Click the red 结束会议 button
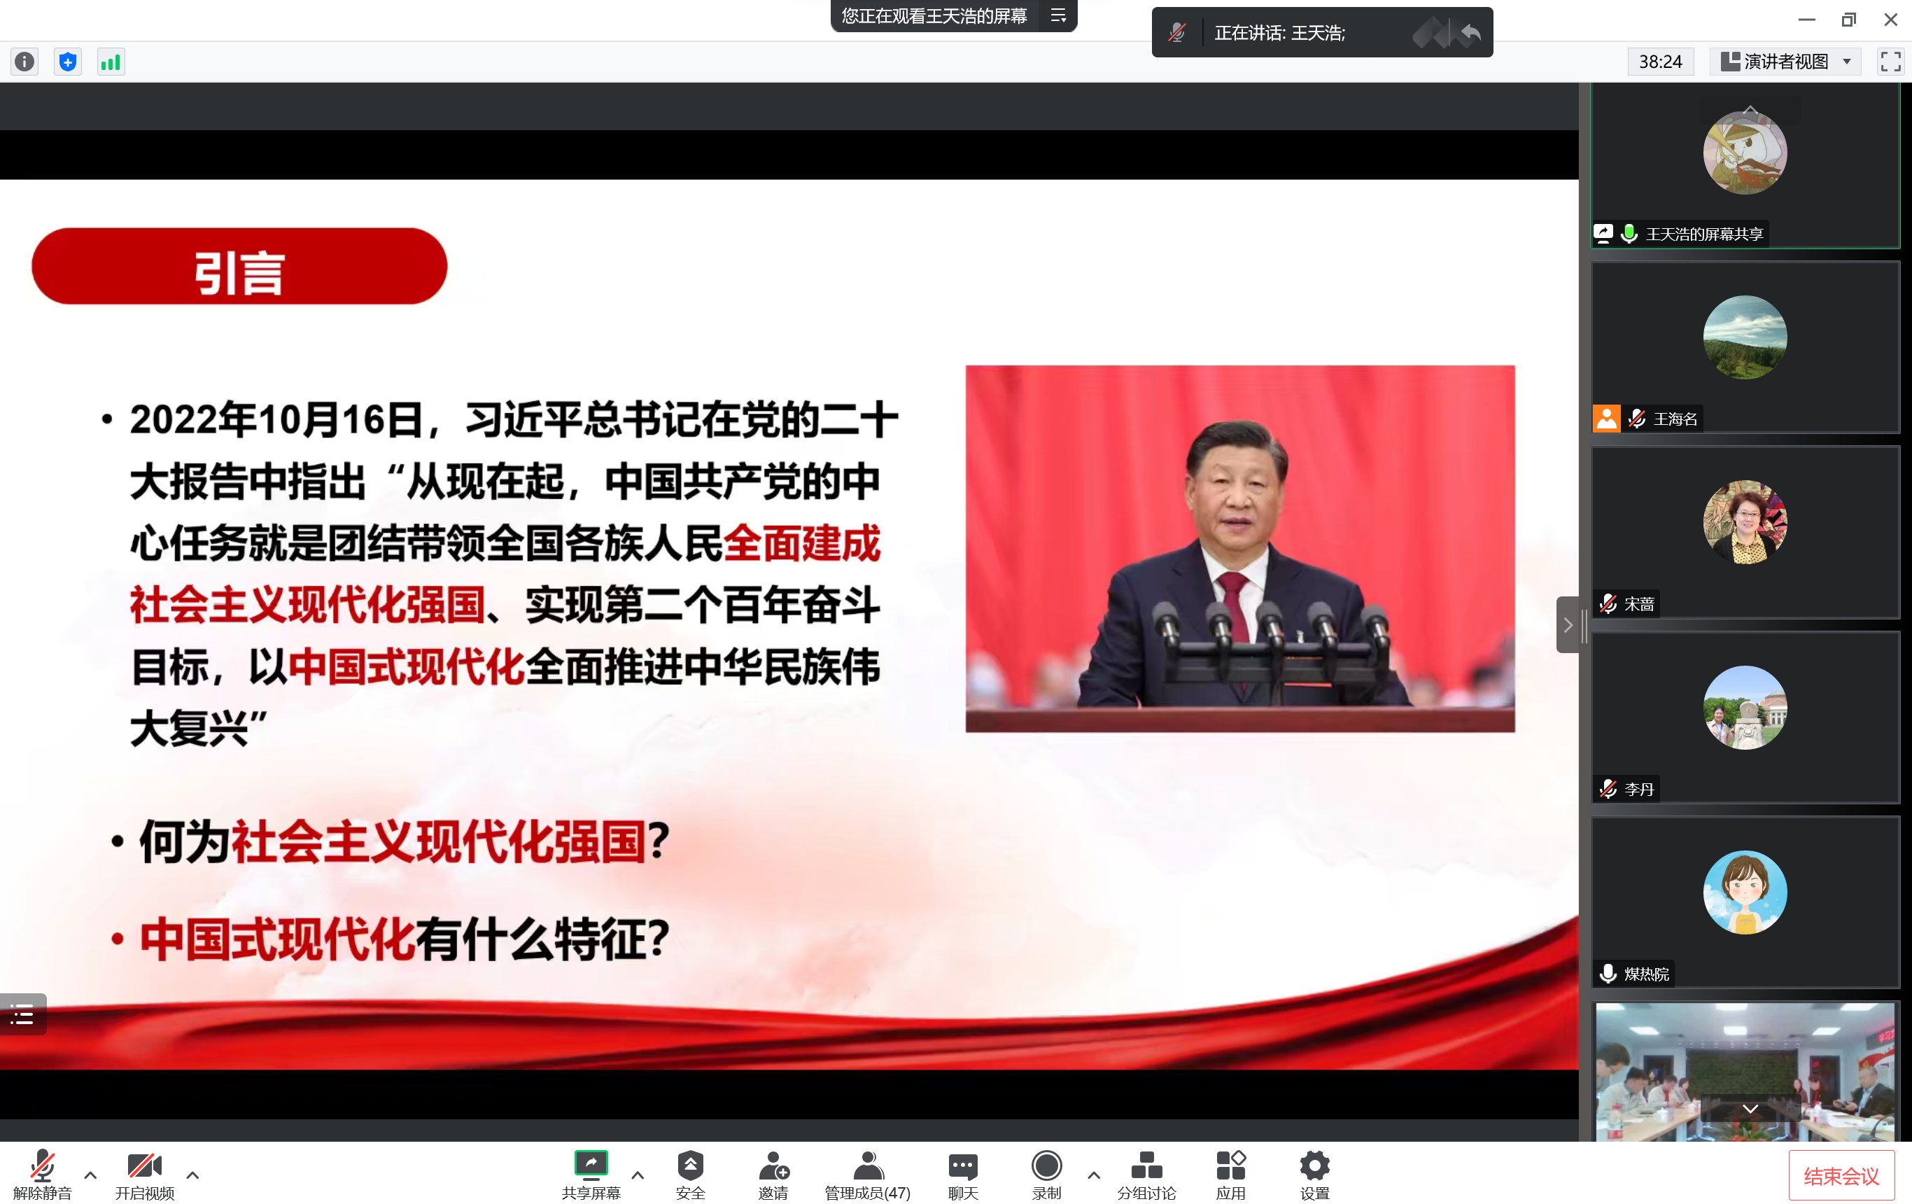(1841, 1175)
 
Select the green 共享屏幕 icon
(591, 1164)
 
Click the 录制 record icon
(1046, 1165)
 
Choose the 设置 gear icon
(1314, 1165)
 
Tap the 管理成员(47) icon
(868, 1165)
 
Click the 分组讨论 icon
(1146, 1165)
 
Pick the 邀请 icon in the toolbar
(773, 1165)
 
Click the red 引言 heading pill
(239, 266)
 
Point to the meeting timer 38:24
(1660, 61)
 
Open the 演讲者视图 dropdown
(1785, 61)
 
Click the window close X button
(1890, 19)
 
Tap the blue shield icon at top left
(67, 61)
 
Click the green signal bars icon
(111, 61)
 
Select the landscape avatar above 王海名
(1745, 337)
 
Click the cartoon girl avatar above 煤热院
(1745, 892)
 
